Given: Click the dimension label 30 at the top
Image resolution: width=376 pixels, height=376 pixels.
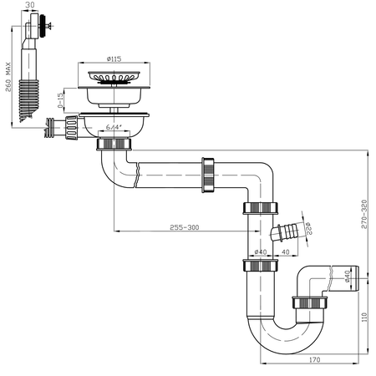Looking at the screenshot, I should (x=32, y=7).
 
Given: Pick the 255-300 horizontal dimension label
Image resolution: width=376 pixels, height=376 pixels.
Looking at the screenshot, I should (x=184, y=227).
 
